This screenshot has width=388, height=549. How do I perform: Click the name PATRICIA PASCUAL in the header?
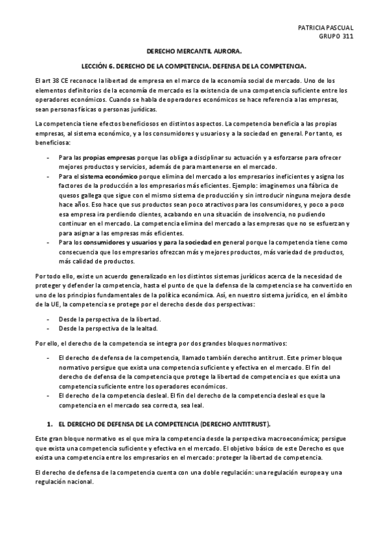click(x=325, y=28)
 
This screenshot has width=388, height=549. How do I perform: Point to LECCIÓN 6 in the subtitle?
click(x=99, y=66)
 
